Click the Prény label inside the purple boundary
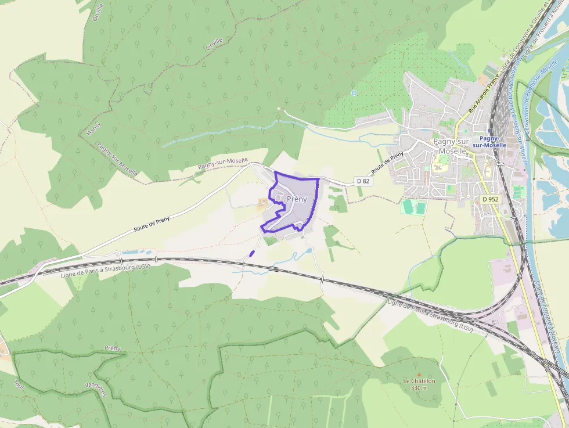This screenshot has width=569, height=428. pos(297,199)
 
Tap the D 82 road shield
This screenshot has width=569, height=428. pos(363,181)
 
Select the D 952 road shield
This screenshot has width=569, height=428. pos(490,199)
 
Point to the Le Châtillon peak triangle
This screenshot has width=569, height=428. pos(419,375)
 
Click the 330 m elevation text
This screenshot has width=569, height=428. pos(419,387)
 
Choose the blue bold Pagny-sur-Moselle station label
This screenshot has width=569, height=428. pos(489,142)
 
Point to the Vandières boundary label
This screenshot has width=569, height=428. pos(95,384)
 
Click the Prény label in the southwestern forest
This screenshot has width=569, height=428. pos(112,348)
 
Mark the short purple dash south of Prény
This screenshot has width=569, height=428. pos(251,253)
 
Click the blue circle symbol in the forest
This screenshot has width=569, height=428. pos(354,92)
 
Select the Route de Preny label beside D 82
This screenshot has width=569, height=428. pos(387,164)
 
